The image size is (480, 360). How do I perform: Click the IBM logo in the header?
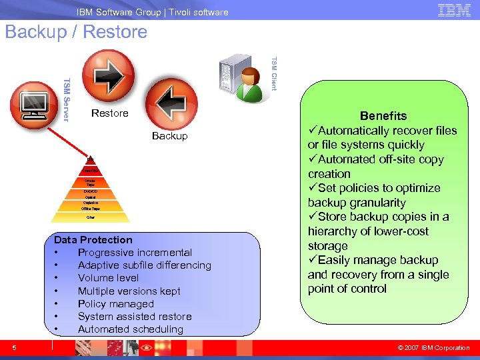pos(454,10)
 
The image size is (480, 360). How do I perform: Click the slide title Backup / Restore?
pos(76,32)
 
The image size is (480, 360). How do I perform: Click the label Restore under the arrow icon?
pos(109,113)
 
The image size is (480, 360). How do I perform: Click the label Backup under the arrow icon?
pos(169,136)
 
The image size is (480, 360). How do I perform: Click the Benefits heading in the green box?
pos(383,116)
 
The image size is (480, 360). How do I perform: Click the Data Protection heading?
pos(93,240)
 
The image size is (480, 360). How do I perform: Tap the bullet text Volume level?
pos(108,278)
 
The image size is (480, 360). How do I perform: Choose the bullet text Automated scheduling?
pos(130,329)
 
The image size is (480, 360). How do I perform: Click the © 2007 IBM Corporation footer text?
pos(433,347)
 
